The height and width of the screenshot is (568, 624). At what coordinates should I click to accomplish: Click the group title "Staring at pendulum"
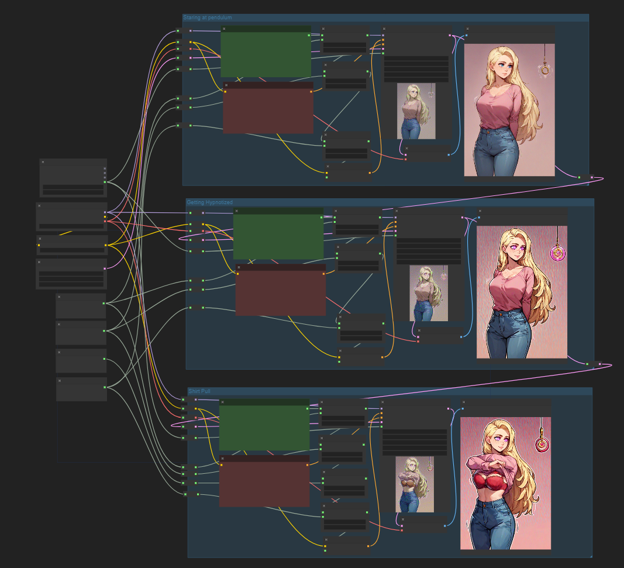[208, 18]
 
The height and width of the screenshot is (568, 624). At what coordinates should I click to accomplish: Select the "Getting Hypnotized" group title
[210, 202]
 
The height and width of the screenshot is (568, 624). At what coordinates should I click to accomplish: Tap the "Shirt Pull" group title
[199, 391]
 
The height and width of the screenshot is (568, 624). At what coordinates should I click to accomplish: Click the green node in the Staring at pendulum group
[266, 51]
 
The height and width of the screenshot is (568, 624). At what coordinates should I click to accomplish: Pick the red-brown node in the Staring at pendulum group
[268, 108]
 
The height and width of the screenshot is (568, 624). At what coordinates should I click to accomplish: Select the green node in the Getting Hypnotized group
[278, 233]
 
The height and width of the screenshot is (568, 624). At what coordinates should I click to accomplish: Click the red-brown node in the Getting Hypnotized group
[281, 290]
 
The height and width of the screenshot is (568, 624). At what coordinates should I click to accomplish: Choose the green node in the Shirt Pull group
[264, 425]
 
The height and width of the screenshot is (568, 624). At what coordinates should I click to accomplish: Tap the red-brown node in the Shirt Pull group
[264, 481]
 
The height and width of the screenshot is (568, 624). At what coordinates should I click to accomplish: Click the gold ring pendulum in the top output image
[545, 70]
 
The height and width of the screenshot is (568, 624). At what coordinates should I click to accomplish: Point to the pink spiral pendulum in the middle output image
[557, 252]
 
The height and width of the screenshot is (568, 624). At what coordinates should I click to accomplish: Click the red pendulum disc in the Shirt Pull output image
[541, 444]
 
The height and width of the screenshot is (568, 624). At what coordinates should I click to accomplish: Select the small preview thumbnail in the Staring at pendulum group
[416, 111]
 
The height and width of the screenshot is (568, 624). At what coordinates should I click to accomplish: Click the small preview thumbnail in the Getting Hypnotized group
[429, 293]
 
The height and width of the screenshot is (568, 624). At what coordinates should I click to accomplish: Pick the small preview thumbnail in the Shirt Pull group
[415, 484]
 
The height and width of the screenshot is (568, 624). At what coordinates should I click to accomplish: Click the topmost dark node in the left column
[73, 177]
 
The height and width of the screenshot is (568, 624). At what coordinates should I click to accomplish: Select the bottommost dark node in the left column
[81, 389]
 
